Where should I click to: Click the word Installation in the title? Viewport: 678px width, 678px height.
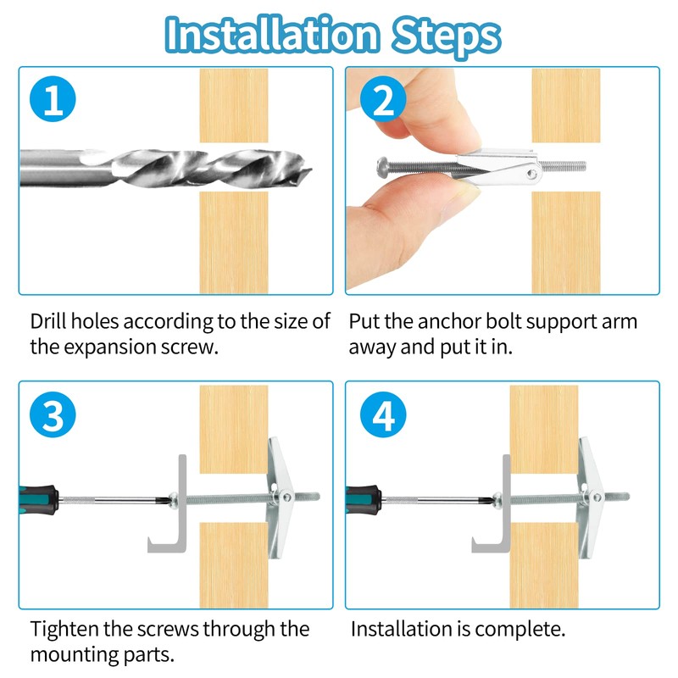coord(271,35)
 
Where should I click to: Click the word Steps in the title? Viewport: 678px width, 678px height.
coord(446,36)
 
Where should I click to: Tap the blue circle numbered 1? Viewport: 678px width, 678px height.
coord(53,99)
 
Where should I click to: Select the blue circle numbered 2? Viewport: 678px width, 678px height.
coord(383,99)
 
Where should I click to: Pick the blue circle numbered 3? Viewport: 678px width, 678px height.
coord(53,414)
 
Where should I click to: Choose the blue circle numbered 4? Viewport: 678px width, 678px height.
coord(383,414)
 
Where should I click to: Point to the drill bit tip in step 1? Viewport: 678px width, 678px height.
coord(309,171)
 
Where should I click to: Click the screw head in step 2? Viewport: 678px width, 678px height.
coord(382,165)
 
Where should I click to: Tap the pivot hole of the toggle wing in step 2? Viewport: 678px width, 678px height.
coord(532,174)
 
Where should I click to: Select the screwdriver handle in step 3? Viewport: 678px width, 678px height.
coord(38,499)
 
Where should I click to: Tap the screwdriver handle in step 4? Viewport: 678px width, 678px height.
coord(364,499)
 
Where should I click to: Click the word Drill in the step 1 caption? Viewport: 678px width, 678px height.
coord(48,321)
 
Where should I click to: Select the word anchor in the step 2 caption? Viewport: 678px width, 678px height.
coord(449,322)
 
